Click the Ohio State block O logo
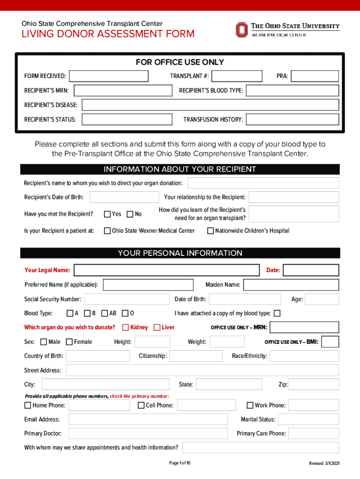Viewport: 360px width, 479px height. click(x=241, y=30)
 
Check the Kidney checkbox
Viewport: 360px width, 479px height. click(x=126, y=327)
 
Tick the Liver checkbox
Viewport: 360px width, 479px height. click(x=157, y=327)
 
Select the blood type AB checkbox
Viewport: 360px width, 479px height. click(x=105, y=313)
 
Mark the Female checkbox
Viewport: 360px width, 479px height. click(x=70, y=342)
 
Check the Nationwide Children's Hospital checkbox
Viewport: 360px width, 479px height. click(x=210, y=231)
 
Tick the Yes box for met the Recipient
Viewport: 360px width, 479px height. click(x=107, y=214)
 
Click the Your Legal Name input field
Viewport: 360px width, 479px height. click(x=166, y=270)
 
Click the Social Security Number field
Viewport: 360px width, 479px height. click(x=127, y=299)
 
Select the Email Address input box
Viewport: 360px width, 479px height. click(x=148, y=420)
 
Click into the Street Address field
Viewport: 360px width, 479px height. click(x=202, y=370)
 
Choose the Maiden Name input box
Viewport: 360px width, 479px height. click(x=291, y=285)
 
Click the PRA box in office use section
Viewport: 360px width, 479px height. click(x=315, y=76)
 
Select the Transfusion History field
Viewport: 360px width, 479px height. click(x=292, y=120)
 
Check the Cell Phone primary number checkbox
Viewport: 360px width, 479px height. click(x=141, y=405)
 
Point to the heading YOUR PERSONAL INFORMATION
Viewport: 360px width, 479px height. click(x=180, y=253)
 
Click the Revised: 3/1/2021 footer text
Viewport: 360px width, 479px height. click(x=324, y=463)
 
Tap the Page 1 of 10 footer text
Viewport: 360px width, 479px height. click(x=180, y=463)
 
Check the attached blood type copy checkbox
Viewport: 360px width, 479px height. click(x=277, y=313)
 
